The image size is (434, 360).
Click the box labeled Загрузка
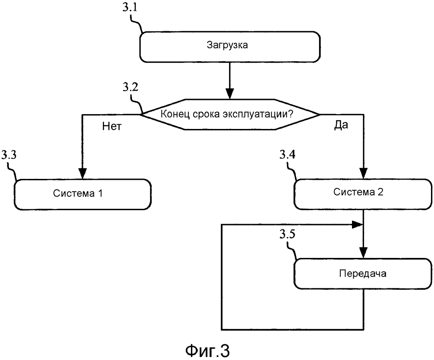pyautogui.click(x=230, y=47)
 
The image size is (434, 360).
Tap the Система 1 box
pyautogui.click(x=82, y=194)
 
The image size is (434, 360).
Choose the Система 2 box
pyautogui.click(x=363, y=194)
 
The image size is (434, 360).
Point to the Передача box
pyautogui.click(x=363, y=274)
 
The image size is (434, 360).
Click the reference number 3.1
pyautogui.click(x=130, y=7)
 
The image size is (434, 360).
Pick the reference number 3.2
pyautogui.click(x=130, y=87)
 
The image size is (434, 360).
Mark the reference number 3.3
pyautogui.click(x=9, y=155)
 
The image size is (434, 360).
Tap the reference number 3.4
pyautogui.click(x=287, y=154)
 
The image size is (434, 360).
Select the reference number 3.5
pyautogui.click(x=287, y=234)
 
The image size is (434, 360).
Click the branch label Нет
pyautogui.click(x=112, y=126)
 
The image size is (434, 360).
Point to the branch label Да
pyautogui.click(x=341, y=125)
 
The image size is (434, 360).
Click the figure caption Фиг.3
pyautogui.click(x=207, y=350)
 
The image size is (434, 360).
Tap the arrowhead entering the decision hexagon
pyautogui.click(x=230, y=94)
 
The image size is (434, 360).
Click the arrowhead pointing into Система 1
pyautogui.click(x=82, y=174)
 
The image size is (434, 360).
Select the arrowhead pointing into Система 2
pyautogui.click(x=363, y=173)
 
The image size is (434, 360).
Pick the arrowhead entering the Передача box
pyautogui.click(x=363, y=253)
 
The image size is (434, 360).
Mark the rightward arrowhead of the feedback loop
pyautogui.click(x=357, y=225)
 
